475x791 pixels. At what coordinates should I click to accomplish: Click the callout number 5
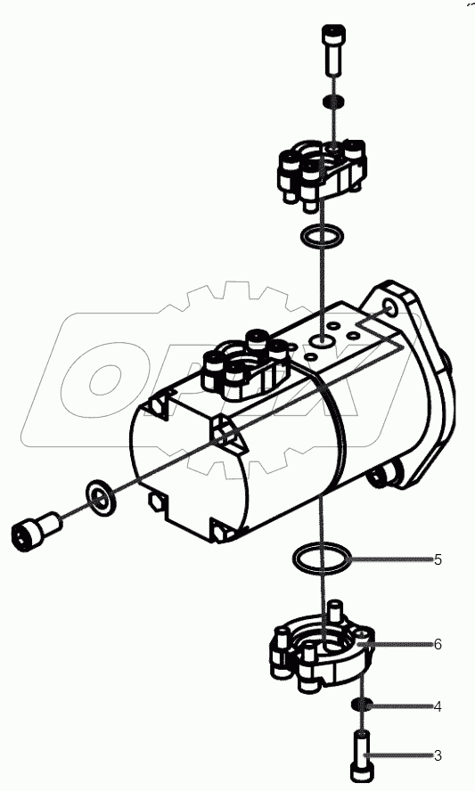tap(438, 560)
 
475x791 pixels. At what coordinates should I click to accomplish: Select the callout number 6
tap(438, 644)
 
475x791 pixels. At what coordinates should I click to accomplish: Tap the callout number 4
tap(438, 707)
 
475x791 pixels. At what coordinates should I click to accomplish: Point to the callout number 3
tap(438, 756)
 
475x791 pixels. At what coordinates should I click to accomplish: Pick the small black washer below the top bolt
tap(331, 100)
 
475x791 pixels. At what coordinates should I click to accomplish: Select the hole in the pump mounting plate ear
tap(388, 309)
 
